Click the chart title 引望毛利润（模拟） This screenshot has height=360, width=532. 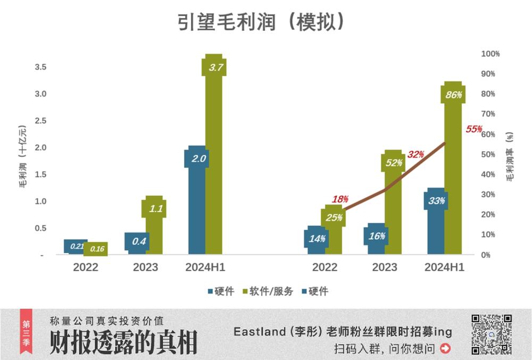click(x=264, y=22)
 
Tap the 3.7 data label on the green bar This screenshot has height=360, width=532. click(x=214, y=68)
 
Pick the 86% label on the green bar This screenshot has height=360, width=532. click(x=453, y=95)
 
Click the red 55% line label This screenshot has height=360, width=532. click(x=473, y=129)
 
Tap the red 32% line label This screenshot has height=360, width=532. click(x=415, y=155)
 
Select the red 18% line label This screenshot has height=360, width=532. click(x=340, y=199)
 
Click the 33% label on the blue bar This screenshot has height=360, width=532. click(x=436, y=200)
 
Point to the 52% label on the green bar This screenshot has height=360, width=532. click(x=394, y=163)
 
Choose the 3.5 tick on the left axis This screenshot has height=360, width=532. click(x=40, y=67)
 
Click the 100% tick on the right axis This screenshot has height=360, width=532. click(x=490, y=54)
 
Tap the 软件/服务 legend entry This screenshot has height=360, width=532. click(x=268, y=291)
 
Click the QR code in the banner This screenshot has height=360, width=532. click(x=492, y=334)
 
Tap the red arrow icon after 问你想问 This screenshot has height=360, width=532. click(x=446, y=349)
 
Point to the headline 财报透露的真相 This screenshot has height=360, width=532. click(x=123, y=342)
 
